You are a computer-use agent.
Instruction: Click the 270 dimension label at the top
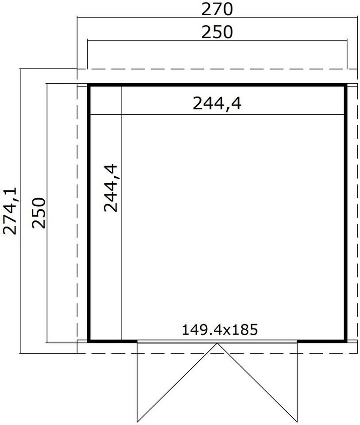[x=217, y=9]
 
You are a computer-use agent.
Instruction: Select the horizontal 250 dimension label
[x=217, y=32]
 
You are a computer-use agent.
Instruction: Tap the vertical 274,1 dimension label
[x=10, y=210]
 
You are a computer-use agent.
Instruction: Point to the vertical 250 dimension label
[x=39, y=213]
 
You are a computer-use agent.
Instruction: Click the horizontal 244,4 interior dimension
[x=217, y=103]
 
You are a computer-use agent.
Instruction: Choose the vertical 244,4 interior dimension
[x=111, y=188]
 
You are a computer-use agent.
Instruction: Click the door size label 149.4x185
[x=220, y=330]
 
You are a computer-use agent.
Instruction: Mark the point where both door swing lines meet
[x=217, y=344]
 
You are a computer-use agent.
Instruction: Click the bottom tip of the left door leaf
[x=137, y=422]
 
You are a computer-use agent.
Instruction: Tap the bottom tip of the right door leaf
[x=297, y=422]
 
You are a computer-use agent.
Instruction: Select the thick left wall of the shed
[x=89, y=213]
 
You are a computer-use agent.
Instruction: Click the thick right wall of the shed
[x=346, y=213]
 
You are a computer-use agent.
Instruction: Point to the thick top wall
[x=217, y=85]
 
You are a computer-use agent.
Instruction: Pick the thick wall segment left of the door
[x=112, y=341]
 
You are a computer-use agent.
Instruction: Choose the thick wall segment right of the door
[x=322, y=341]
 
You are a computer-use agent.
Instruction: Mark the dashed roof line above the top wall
[x=217, y=69]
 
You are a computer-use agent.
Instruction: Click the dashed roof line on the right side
[x=357, y=211]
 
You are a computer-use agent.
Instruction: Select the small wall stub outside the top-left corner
[x=82, y=85]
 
